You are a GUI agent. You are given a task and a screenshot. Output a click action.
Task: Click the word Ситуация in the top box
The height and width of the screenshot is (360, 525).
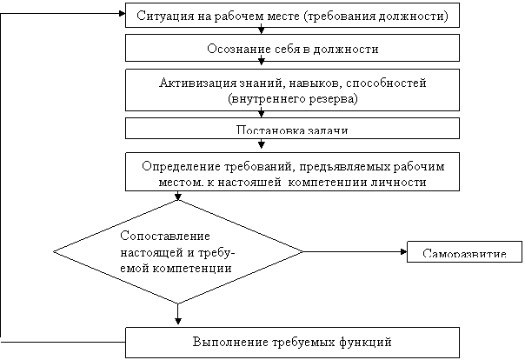[163, 17]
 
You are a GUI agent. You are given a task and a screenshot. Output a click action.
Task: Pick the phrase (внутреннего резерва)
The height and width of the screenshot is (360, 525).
[293, 99]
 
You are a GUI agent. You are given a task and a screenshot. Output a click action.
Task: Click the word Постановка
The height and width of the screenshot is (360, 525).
[267, 131]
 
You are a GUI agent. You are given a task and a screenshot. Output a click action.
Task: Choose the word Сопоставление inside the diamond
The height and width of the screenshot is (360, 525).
[154, 236]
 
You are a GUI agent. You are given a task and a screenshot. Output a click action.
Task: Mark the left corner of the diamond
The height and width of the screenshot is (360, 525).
[55, 251]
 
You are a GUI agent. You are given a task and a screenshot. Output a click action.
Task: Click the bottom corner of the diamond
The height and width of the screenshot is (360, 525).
[179, 303]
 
